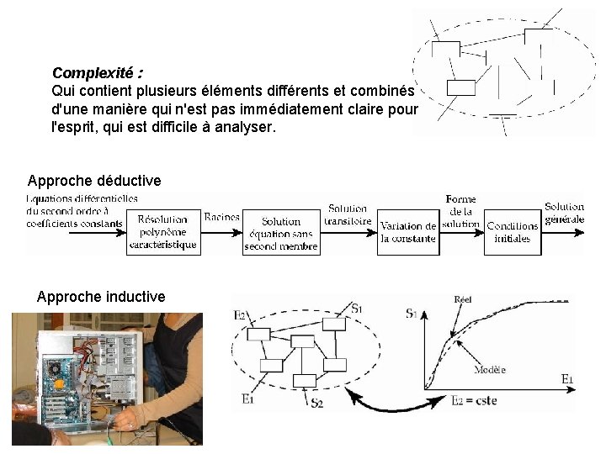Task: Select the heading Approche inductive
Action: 101,296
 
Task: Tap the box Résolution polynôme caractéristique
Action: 163,231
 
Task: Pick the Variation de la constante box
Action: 408,232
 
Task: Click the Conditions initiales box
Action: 512,231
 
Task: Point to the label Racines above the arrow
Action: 222,216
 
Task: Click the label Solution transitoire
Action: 347,214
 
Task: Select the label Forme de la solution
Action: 460,212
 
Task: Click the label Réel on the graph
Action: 463,298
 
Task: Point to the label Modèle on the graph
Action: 490,369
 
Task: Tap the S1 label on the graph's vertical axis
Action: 412,314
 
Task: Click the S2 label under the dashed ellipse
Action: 316,404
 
